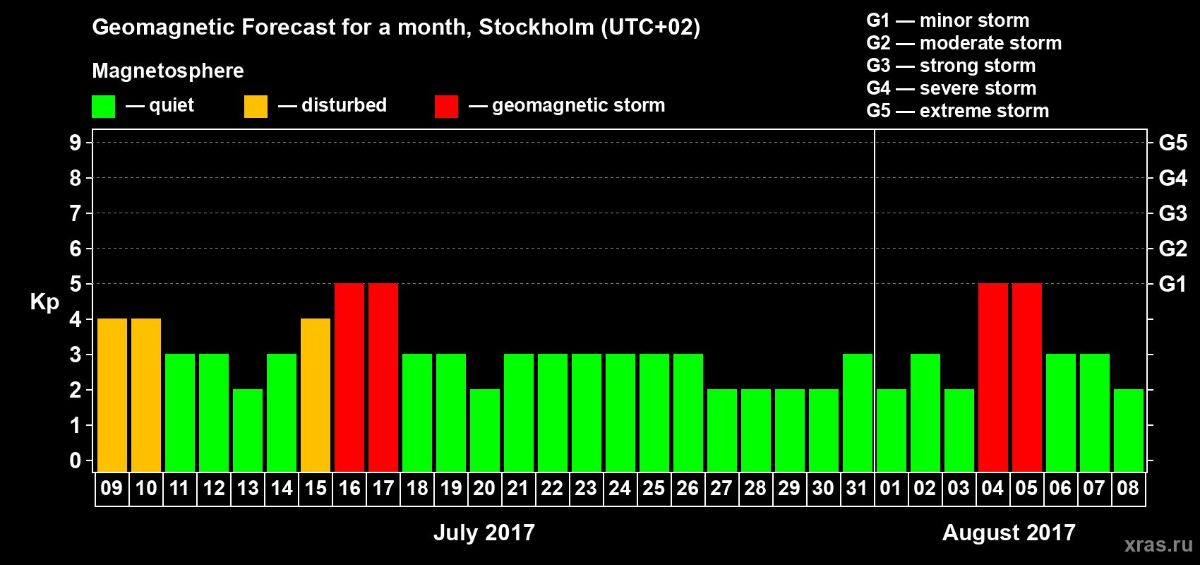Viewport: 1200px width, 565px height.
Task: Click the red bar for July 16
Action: click(x=349, y=377)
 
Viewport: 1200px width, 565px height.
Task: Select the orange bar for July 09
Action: click(x=112, y=395)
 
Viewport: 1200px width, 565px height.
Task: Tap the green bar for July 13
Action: click(x=248, y=430)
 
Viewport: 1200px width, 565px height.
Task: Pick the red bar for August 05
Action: click(x=1027, y=377)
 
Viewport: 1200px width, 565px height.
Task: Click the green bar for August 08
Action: click(x=1129, y=430)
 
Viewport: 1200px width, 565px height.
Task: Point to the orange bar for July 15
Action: click(x=316, y=395)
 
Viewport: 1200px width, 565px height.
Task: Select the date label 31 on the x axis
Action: click(x=857, y=488)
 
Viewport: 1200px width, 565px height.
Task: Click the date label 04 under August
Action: click(x=992, y=488)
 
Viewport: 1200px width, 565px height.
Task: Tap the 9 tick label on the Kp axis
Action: click(x=76, y=143)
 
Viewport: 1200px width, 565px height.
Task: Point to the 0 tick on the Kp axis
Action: click(x=76, y=460)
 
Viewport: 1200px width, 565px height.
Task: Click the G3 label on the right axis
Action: click(x=1172, y=213)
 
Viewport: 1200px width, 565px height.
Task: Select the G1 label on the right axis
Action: click(x=1172, y=284)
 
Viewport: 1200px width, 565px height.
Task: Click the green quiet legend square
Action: click(x=104, y=107)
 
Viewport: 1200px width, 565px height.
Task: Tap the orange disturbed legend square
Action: click(x=256, y=107)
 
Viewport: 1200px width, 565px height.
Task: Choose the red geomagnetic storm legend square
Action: click(x=447, y=107)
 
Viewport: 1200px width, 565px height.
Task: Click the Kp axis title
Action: click(x=44, y=302)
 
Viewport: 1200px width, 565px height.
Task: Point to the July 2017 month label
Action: click(x=484, y=533)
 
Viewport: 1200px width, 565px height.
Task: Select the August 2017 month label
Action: click(x=1009, y=533)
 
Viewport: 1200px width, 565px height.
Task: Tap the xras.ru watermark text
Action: click(x=1158, y=545)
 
